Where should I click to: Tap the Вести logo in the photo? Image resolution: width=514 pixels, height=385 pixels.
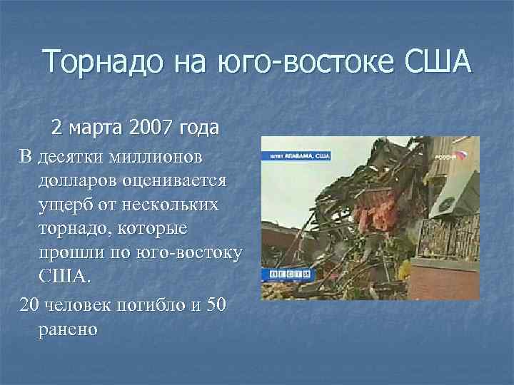pos(289,273)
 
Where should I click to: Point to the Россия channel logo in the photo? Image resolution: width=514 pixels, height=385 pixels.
pos(450,154)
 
